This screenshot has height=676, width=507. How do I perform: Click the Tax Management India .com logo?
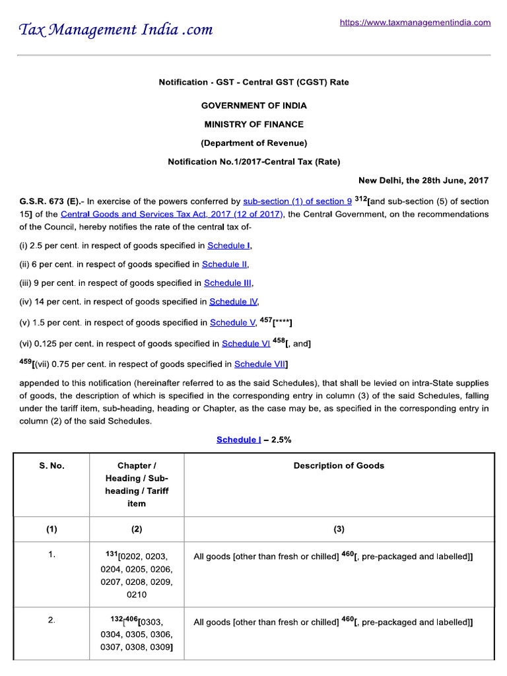[x=116, y=30]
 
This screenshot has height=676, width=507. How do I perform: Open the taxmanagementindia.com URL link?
[x=415, y=22]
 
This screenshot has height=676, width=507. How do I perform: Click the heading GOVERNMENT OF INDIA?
[x=253, y=106]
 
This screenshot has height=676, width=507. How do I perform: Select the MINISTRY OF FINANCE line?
[x=253, y=124]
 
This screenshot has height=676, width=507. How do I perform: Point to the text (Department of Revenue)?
[x=253, y=143]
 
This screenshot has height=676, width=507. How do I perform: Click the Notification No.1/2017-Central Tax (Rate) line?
[x=253, y=161]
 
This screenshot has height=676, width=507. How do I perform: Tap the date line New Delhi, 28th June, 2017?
[x=423, y=180]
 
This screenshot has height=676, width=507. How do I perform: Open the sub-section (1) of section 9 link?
[x=297, y=201]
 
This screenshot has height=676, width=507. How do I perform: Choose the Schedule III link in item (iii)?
[x=228, y=283]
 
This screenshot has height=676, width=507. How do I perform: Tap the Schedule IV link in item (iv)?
[x=233, y=302]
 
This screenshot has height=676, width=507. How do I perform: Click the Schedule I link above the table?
[x=238, y=440]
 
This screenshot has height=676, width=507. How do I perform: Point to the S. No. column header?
[x=51, y=465]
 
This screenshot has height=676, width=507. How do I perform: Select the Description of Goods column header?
[x=339, y=465]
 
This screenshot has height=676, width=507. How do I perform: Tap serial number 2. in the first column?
[x=51, y=621]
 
